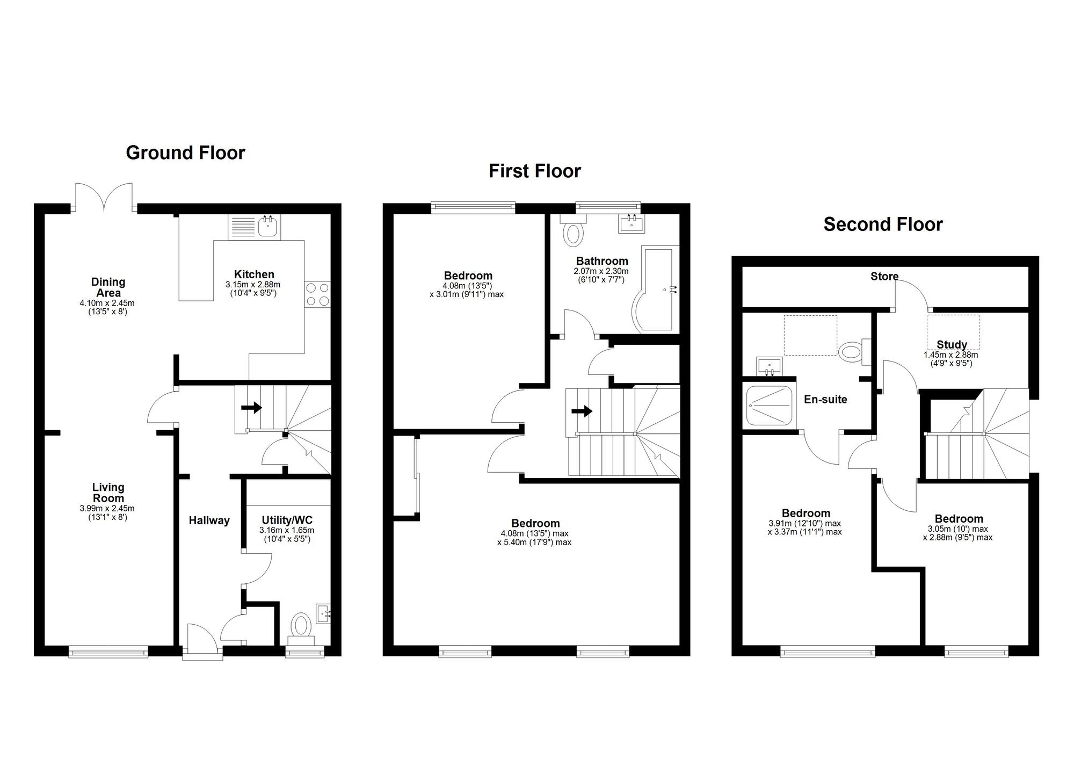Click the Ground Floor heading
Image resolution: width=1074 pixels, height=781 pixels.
(185, 153)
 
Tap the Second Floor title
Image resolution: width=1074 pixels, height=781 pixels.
(883, 225)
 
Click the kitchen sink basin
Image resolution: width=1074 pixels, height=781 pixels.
(267, 227)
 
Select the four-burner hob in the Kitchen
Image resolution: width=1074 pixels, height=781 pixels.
(317, 294)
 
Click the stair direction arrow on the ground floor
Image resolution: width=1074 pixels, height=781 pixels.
(251, 408)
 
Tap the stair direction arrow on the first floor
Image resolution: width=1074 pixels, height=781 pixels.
(582, 411)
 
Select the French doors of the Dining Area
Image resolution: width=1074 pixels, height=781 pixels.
(104, 197)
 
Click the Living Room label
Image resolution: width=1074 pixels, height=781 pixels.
(108, 493)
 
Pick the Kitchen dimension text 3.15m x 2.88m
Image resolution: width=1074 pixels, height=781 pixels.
(253, 285)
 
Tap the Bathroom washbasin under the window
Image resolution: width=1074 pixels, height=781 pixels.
(632, 223)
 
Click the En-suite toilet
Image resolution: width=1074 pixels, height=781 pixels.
(852, 352)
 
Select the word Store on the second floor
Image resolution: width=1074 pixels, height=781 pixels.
(884, 277)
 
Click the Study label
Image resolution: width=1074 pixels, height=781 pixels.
(952, 345)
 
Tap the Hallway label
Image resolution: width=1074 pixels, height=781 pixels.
(209, 520)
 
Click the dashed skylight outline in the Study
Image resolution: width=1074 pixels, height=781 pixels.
(953, 332)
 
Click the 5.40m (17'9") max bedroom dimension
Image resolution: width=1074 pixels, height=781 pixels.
(534, 543)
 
